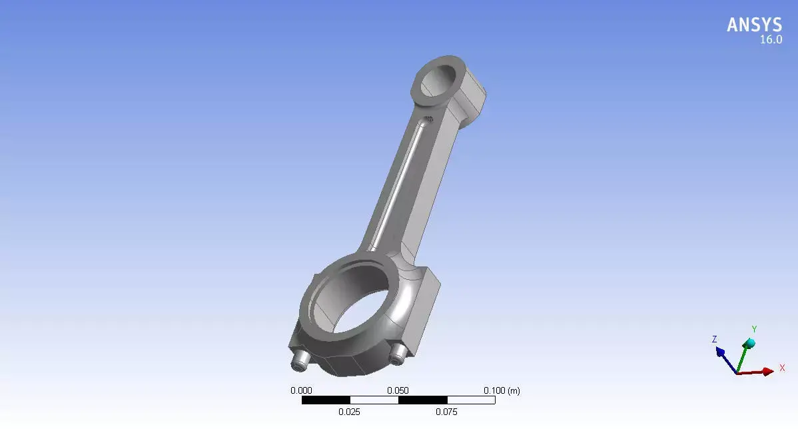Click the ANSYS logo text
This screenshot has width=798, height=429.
point(754,25)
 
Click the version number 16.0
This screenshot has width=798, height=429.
point(771,40)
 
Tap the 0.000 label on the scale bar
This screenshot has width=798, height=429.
point(301,390)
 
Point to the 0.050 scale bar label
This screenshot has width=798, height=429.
point(398,390)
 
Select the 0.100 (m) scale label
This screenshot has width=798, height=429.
point(501,390)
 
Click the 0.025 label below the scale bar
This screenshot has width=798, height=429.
point(349,412)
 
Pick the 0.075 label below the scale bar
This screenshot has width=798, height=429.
point(446,412)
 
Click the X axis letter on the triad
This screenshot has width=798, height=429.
point(782,368)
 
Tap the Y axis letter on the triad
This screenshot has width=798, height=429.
point(754,329)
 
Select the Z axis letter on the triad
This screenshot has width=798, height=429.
point(714,339)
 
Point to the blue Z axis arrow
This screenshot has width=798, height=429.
point(725,356)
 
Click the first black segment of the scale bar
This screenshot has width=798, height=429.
point(326,400)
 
